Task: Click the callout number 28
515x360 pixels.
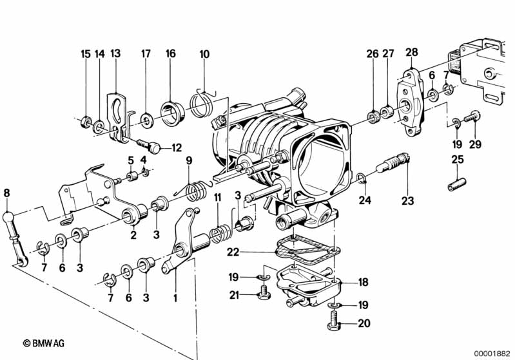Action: pos(412,52)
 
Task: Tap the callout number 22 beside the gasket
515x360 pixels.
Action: pos(233,252)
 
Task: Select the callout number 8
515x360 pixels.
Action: pos(6,193)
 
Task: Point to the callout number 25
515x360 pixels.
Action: pos(458,160)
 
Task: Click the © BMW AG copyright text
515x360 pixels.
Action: pos(44,343)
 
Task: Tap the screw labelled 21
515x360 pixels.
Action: pos(262,292)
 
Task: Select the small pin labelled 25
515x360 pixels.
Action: pos(457,184)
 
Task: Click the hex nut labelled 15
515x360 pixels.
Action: pos(86,122)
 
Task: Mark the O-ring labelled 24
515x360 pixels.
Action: pos(361,178)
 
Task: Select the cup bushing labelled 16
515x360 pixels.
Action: pos(172,114)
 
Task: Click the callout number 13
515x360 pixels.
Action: pos(115,53)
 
